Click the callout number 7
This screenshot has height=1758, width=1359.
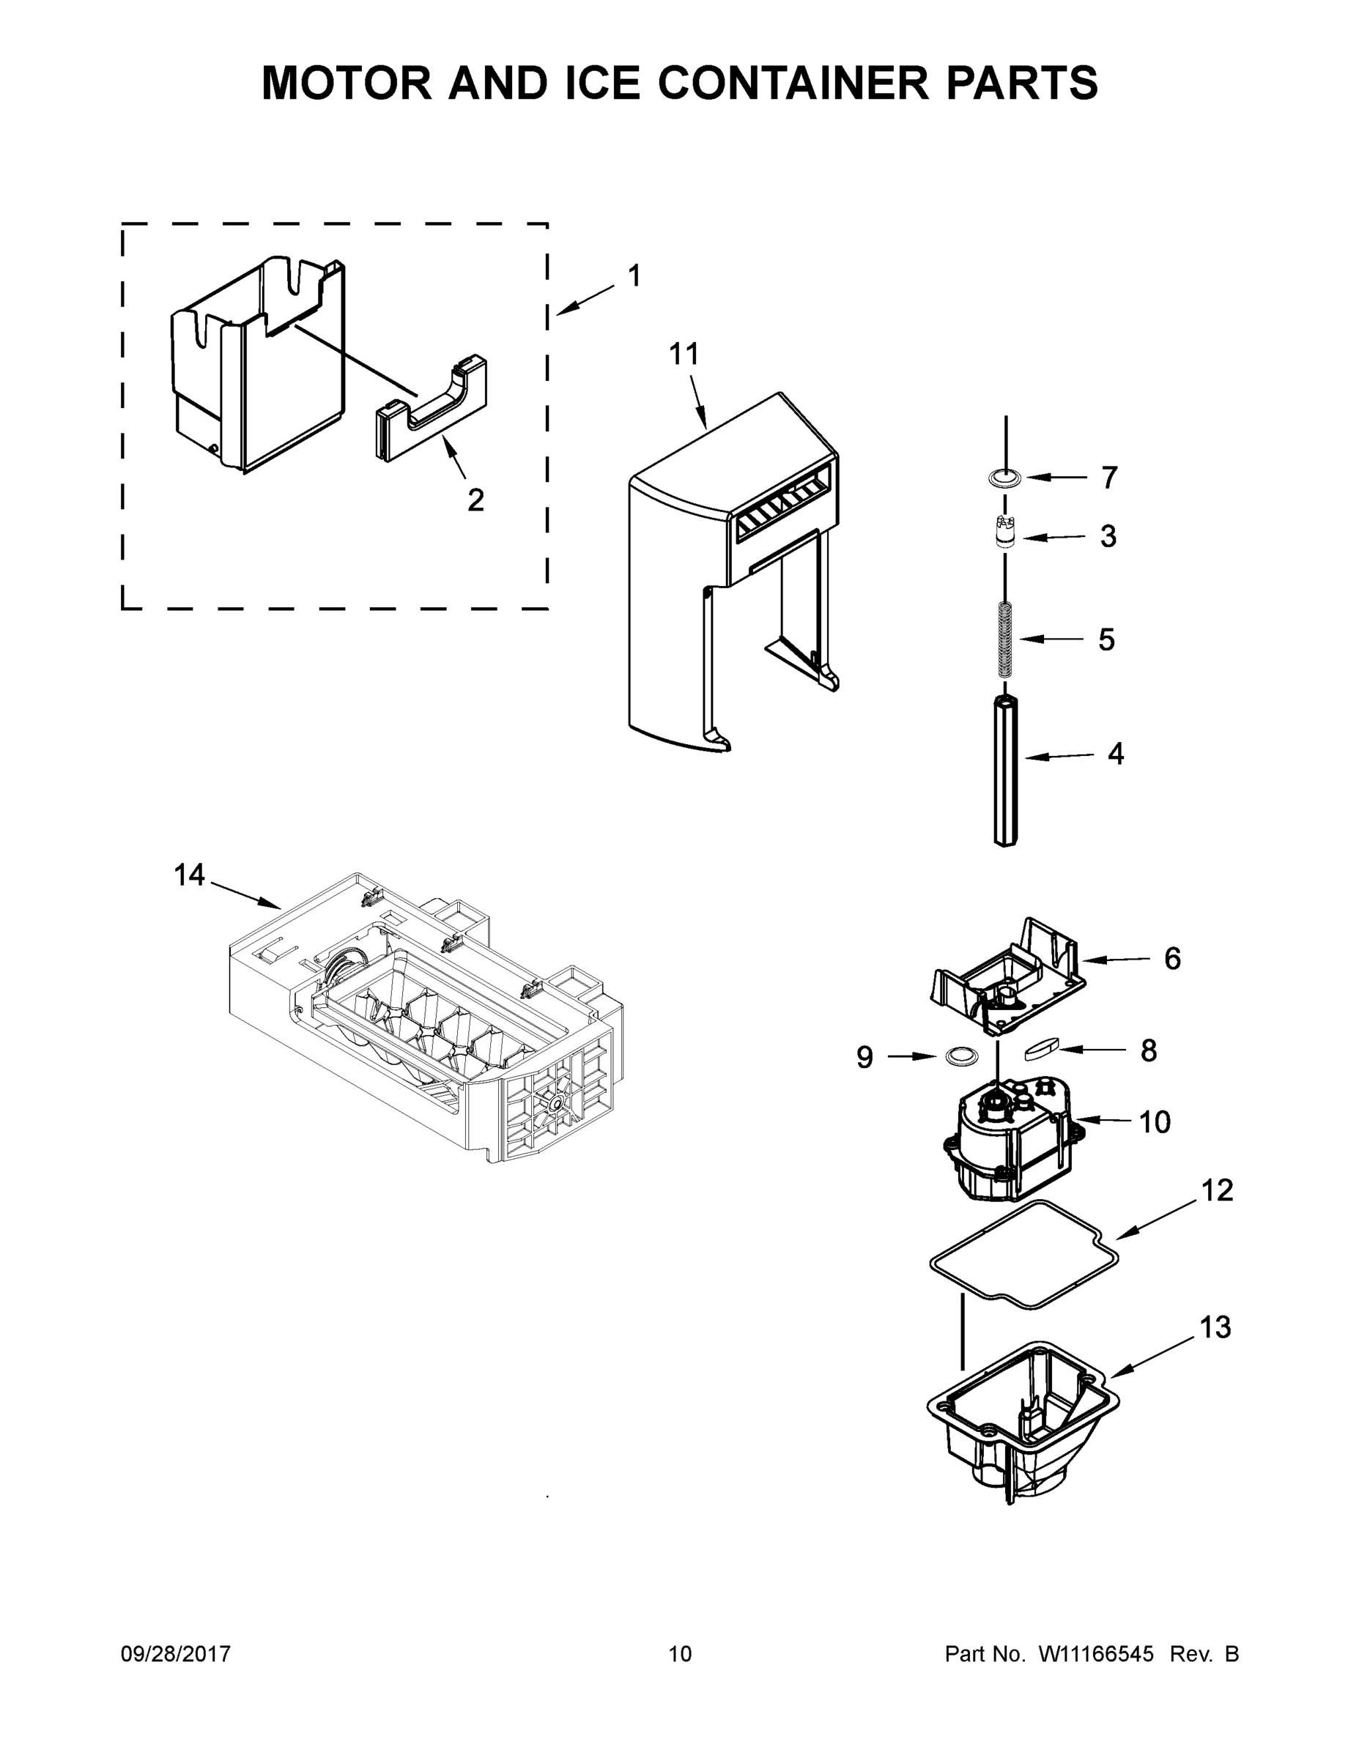pos(1109,478)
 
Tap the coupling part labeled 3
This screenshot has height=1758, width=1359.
pos(1004,533)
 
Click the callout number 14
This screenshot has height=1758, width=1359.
pos(190,875)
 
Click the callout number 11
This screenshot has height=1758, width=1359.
pos(684,355)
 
